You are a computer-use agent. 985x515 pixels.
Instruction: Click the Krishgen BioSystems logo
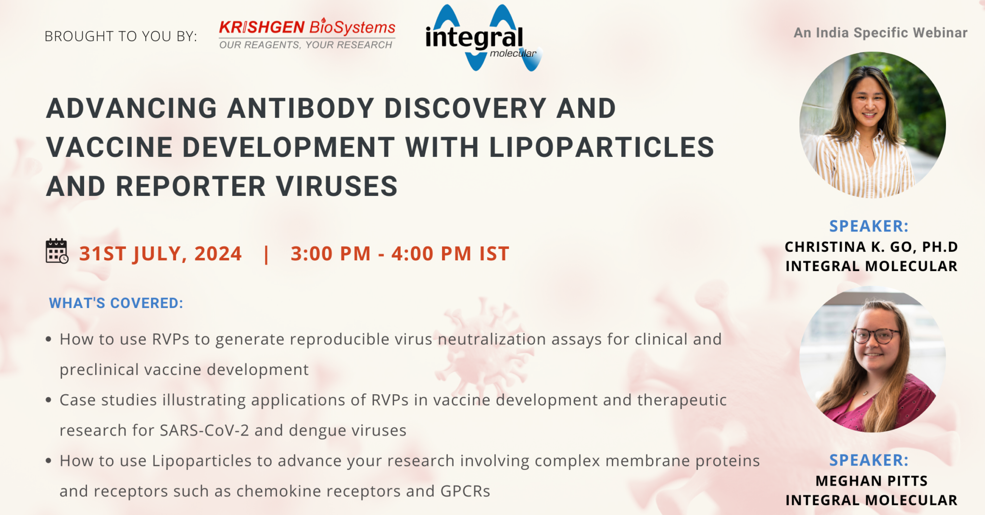click(307, 34)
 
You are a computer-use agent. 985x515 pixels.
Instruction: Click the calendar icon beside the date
click(57, 251)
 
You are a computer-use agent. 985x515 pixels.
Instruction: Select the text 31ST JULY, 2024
click(161, 254)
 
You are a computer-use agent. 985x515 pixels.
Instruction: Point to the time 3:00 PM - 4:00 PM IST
click(400, 254)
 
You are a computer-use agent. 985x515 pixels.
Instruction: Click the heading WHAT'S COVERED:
click(116, 303)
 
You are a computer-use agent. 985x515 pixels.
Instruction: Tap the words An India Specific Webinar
click(880, 33)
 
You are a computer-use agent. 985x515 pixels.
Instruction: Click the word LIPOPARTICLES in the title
click(602, 147)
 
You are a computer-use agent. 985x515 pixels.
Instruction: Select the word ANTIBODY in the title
click(301, 108)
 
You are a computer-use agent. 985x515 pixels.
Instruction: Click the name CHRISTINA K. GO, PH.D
click(871, 247)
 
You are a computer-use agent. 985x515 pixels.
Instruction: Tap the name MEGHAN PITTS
click(871, 481)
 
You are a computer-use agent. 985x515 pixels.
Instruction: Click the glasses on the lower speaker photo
click(875, 335)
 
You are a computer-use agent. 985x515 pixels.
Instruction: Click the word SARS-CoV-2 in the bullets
click(204, 430)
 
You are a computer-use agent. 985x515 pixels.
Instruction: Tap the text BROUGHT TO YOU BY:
click(121, 36)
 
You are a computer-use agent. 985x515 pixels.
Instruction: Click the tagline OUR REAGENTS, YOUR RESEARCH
click(306, 45)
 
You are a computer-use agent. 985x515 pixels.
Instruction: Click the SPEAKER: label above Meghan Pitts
click(869, 460)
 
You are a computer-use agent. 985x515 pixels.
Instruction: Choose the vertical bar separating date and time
click(266, 254)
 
